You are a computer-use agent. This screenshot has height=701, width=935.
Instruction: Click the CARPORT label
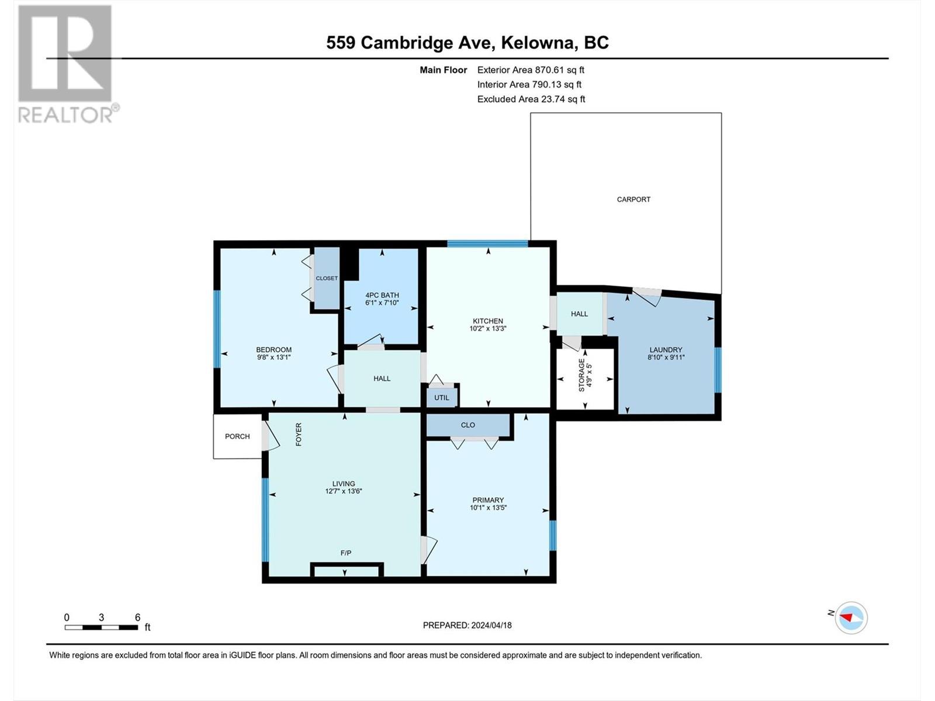[633, 199]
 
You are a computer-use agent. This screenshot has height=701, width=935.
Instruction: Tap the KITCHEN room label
[488, 321]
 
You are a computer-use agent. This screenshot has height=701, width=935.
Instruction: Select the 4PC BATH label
[382, 295]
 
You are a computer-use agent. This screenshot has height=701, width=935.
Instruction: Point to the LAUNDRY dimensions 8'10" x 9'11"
[666, 358]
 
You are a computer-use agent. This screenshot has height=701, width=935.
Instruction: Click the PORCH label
[237, 436]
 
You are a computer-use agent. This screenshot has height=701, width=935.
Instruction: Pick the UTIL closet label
[441, 398]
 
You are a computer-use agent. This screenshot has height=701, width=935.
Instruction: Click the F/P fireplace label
[345, 553]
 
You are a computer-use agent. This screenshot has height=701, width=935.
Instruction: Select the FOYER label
[299, 434]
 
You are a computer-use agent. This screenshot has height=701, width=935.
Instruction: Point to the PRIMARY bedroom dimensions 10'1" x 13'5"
[488, 507]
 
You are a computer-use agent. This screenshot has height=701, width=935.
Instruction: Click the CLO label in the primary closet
[467, 425]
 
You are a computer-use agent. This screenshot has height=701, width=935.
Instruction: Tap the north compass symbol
[851, 617]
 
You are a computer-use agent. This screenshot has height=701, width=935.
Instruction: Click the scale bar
[101, 627]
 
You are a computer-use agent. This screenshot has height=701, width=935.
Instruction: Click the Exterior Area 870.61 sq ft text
[531, 70]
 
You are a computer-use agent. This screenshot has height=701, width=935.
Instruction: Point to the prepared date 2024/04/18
[491, 625]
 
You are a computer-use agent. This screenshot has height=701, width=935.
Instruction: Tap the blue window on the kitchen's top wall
[487, 244]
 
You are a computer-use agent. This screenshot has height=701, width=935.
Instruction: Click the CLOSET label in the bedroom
[327, 278]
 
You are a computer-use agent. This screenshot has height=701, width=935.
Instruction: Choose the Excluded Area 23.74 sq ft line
[531, 99]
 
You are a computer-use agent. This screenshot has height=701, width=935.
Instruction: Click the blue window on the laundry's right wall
[718, 370]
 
